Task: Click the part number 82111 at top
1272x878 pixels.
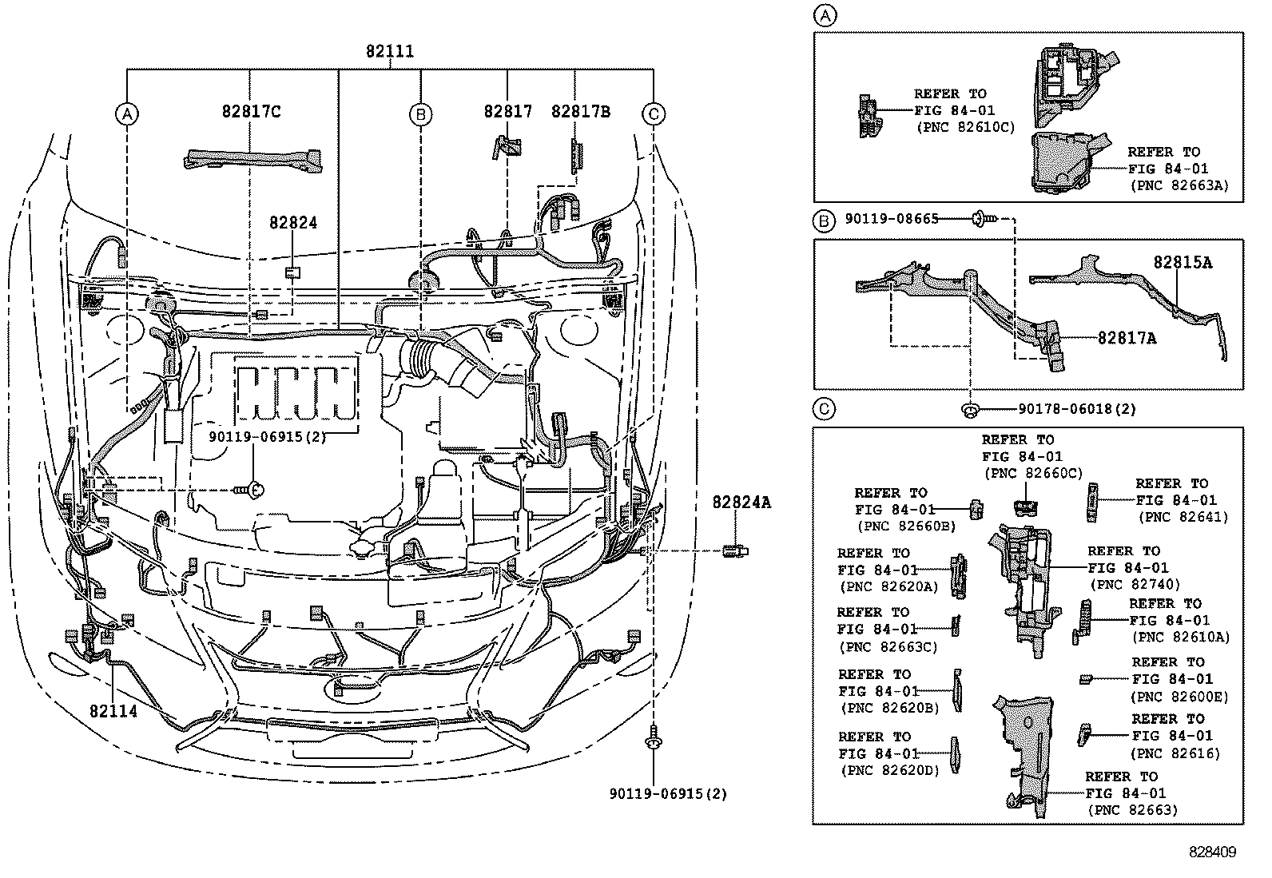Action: tap(390, 51)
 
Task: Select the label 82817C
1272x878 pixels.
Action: tap(251, 112)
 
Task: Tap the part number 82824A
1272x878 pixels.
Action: tap(741, 503)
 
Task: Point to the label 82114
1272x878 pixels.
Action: tap(113, 710)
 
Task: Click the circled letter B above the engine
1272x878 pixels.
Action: tap(420, 115)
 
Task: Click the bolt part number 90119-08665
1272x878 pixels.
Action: tap(892, 218)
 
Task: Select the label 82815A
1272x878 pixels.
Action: tap(1182, 262)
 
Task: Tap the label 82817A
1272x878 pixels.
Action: tap(1127, 338)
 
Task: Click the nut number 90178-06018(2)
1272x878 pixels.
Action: tap(1076, 409)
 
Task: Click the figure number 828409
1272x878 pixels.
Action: tap(1211, 852)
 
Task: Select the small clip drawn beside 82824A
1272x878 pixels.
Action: tap(734, 550)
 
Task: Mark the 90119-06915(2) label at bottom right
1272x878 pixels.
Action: tap(668, 794)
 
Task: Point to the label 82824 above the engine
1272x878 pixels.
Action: tap(293, 223)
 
